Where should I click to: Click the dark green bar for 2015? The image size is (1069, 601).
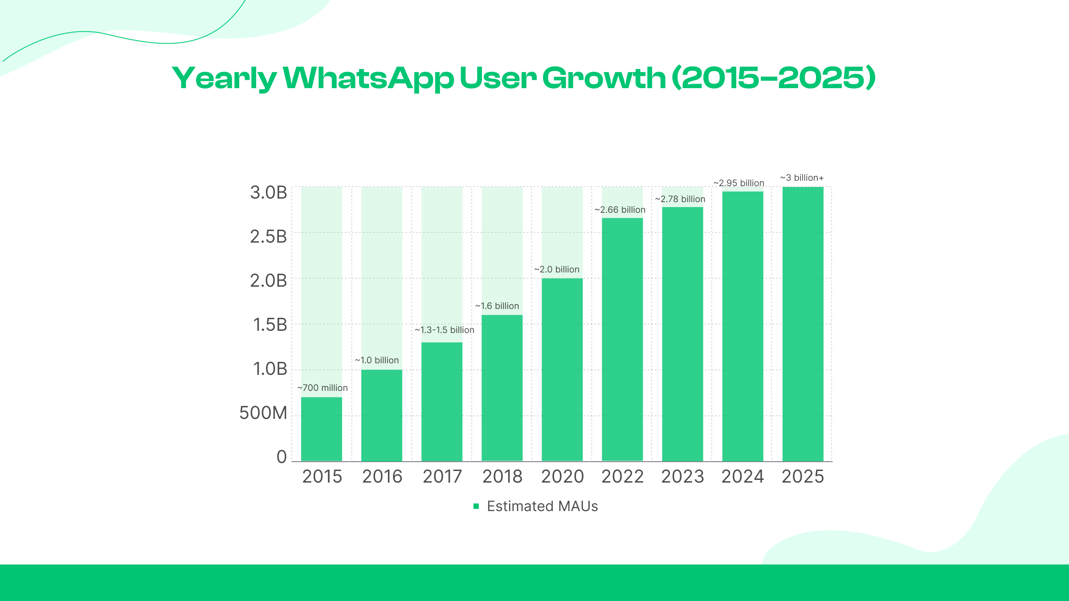[322, 429]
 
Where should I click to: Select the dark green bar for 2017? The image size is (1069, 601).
[442, 402]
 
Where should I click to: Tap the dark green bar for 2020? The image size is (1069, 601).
[562, 370]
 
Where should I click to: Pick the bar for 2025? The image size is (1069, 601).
[803, 324]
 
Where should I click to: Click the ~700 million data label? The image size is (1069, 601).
[322, 388]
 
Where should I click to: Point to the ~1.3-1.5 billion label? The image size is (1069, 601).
[445, 330]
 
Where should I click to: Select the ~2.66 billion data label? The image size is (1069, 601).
[620, 210]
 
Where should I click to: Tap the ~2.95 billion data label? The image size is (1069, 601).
[739, 183]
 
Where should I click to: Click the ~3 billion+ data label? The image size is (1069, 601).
[802, 178]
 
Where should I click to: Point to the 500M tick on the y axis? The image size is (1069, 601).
[263, 413]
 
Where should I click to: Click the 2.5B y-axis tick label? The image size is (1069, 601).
[269, 237]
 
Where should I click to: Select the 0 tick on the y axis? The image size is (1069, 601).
[282, 457]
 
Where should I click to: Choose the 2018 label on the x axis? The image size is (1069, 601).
[502, 477]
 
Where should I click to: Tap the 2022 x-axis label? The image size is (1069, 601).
[623, 477]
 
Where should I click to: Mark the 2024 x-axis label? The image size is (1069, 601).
[743, 477]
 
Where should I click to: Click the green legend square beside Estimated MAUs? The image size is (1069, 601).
[476, 506]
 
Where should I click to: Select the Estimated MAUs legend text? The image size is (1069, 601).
[543, 506]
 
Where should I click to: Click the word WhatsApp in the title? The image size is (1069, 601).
[368, 78]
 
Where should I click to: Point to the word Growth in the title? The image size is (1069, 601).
[604, 78]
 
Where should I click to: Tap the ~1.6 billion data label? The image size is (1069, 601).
[497, 306]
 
